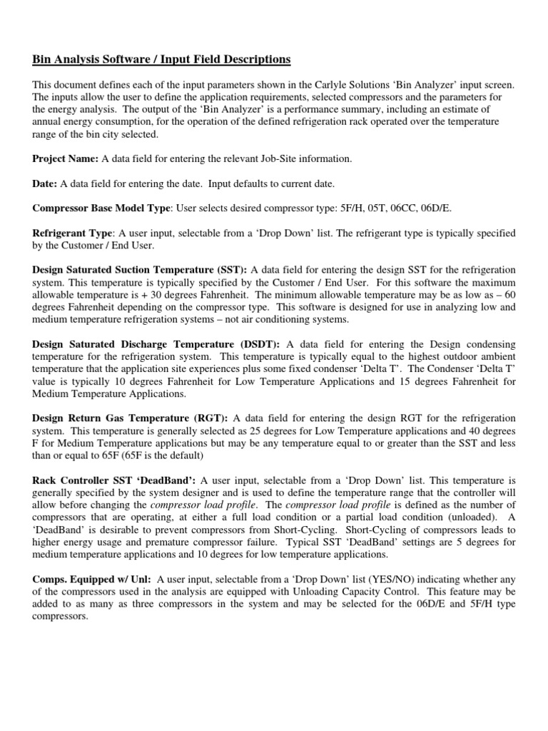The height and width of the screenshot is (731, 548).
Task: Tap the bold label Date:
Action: click(x=45, y=183)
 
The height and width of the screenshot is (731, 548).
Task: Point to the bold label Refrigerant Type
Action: click(x=73, y=233)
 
